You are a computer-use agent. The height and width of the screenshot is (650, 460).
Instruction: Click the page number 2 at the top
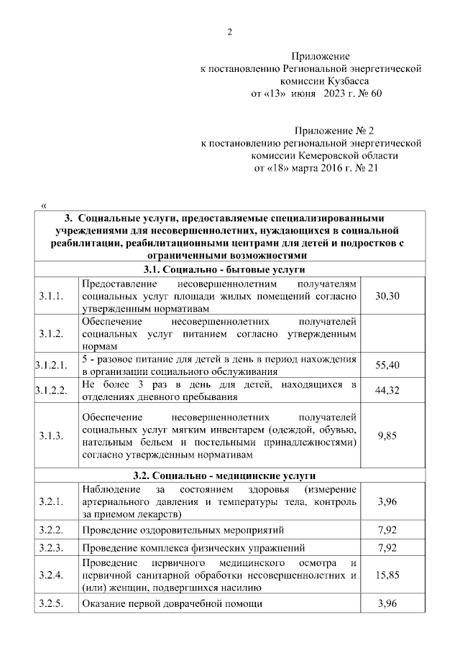pos(229,30)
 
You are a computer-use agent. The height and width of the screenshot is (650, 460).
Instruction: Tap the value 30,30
pos(387,296)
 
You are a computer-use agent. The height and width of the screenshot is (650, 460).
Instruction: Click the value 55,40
pos(387,365)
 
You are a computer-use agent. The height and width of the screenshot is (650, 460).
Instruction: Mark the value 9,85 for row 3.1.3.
pos(387,435)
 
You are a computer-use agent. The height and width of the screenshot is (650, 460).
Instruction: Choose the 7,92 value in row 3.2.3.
pos(387,548)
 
